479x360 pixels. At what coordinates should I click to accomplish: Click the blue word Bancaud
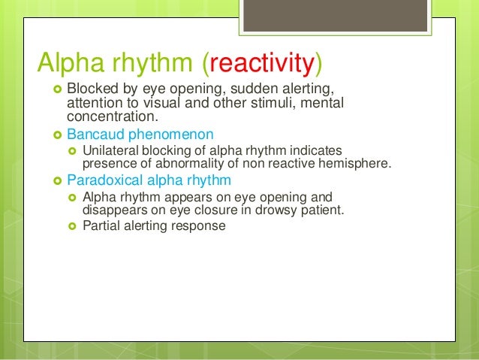click(x=95, y=135)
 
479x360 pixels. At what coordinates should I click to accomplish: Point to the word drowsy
click(x=278, y=210)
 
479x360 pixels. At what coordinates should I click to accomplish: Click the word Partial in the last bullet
click(x=101, y=225)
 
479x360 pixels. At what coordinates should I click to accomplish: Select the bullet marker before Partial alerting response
click(x=74, y=225)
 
